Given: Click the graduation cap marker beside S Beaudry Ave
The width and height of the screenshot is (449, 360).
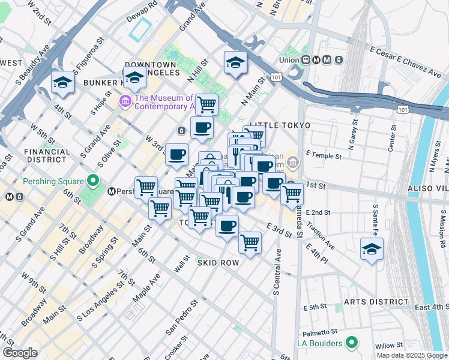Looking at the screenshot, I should pos(62,83).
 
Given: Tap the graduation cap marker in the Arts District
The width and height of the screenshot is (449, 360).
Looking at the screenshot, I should pos(372,249).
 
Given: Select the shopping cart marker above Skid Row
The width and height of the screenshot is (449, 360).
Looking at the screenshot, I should pos(250,242).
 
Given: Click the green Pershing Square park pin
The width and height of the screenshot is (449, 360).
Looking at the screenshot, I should pos(92,180).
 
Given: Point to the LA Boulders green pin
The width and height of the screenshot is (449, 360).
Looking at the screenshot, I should pos(352,343).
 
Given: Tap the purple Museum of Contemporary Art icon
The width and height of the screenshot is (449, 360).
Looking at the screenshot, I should pos(125,101).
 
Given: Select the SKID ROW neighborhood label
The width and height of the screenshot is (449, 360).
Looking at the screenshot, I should pos(218,263).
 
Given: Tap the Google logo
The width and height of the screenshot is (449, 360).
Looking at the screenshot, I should pos(20,353).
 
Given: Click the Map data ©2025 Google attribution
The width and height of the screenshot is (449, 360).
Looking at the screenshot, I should pos(411,355).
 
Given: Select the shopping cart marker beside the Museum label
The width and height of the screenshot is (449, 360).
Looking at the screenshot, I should pos(207,104).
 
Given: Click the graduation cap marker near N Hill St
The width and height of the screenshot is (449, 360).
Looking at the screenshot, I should pos(235,62).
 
